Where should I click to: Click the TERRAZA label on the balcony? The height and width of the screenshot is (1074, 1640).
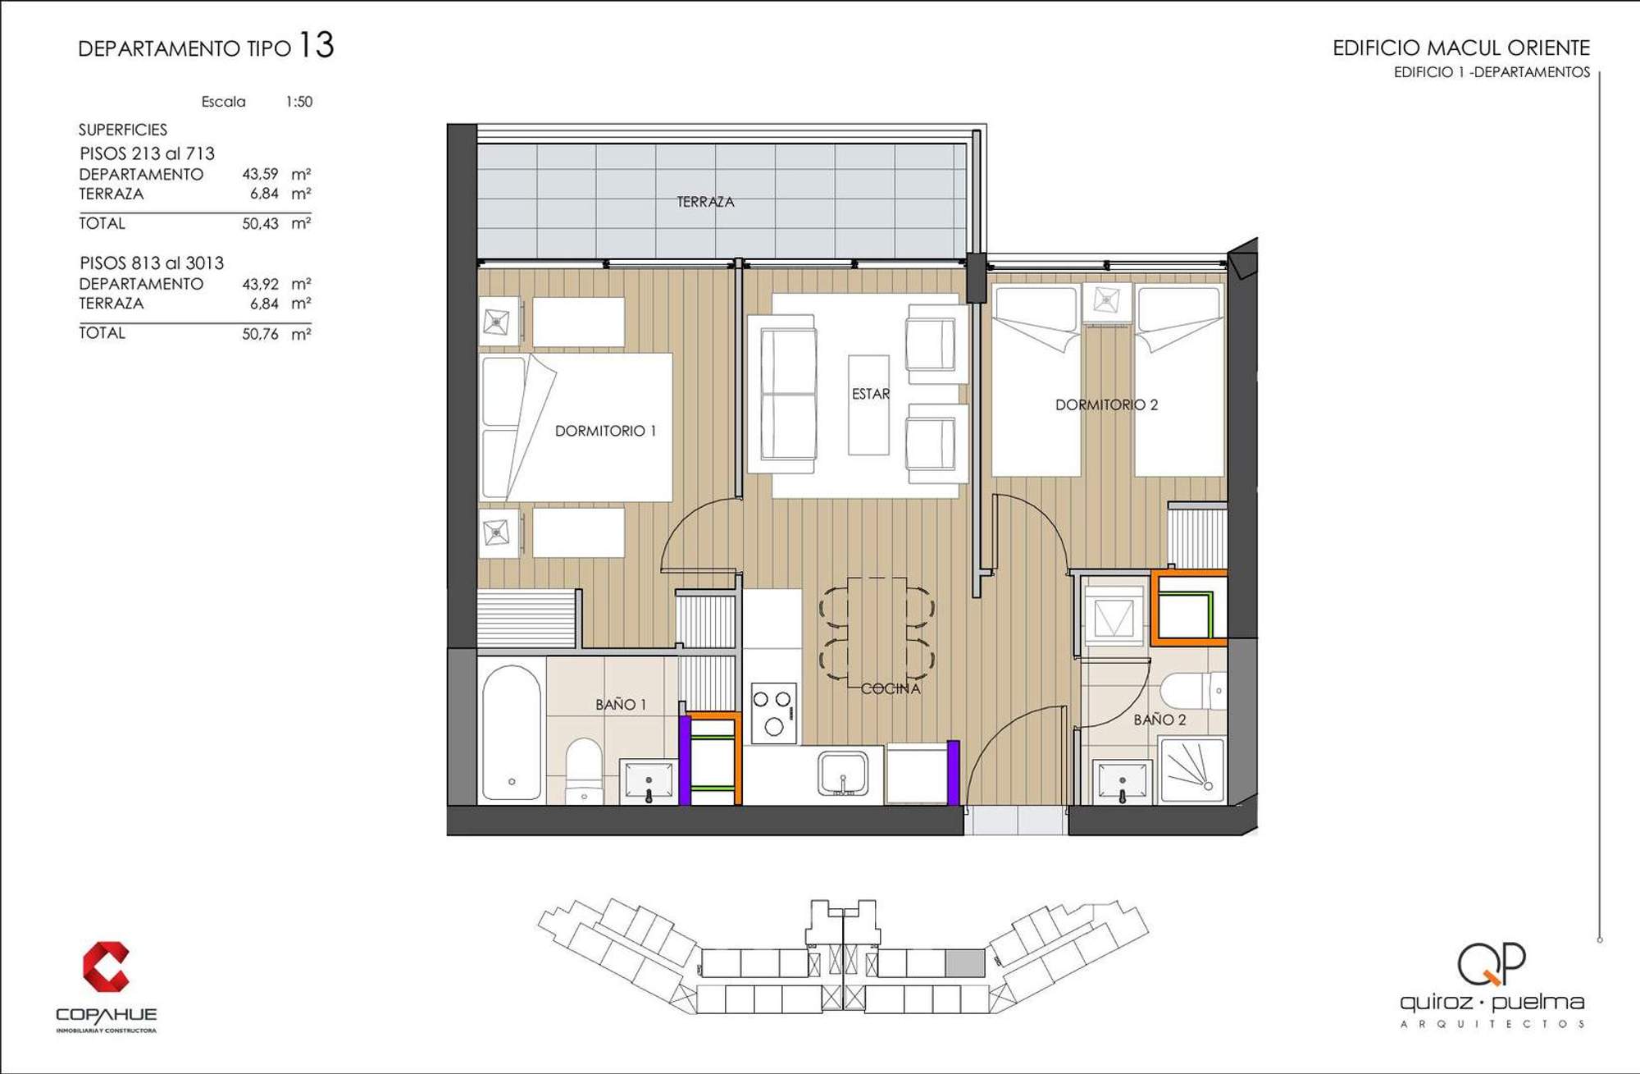pyautogui.click(x=705, y=202)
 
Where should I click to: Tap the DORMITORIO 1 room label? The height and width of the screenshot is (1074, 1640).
pyautogui.click(x=605, y=431)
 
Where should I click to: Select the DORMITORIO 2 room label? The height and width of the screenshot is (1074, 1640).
pyautogui.click(x=1106, y=404)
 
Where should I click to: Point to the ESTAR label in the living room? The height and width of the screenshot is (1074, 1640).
pyautogui.click(x=870, y=394)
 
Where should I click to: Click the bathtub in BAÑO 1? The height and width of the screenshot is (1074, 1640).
pyautogui.click(x=512, y=732)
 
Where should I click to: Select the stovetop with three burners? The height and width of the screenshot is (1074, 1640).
pyautogui.click(x=773, y=713)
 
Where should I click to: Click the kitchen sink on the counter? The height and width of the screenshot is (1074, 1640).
pyautogui.click(x=842, y=774)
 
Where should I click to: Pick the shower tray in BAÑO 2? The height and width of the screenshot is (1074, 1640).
pyautogui.click(x=1192, y=770)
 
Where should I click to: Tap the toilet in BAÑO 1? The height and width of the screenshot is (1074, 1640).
pyautogui.click(x=584, y=770)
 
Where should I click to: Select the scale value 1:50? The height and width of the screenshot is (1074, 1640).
pyautogui.click(x=299, y=102)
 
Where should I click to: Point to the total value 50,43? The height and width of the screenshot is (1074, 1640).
pyautogui.click(x=260, y=223)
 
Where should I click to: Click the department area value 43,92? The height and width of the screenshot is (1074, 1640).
pyautogui.click(x=260, y=284)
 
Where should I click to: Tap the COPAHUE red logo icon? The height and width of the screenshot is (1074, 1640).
pyautogui.click(x=106, y=967)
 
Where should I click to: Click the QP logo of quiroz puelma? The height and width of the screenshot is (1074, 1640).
pyautogui.click(x=1492, y=963)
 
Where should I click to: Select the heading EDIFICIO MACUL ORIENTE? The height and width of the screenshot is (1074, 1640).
pyautogui.click(x=1461, y=48)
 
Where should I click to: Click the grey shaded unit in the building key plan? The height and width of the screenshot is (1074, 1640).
pyautogui.click(x=965, y=962)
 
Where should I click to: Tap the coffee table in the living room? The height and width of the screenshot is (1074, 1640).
pyautogui.click(x=868, y=404)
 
